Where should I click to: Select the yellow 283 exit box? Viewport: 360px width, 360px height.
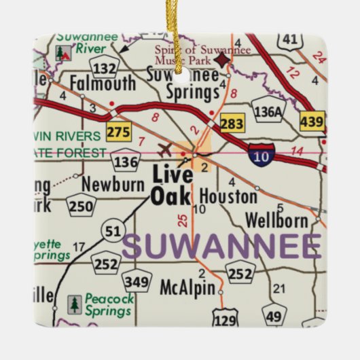[232, 124]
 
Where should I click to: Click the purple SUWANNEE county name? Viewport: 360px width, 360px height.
[222, 247]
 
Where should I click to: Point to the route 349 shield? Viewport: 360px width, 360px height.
[136, 281]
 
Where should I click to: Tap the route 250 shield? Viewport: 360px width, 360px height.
[82, 206]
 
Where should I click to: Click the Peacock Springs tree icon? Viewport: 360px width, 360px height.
[74, 304]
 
